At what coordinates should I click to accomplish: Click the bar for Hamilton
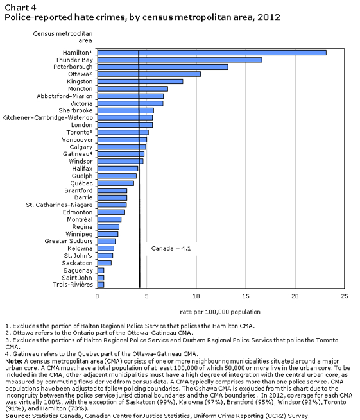tap(212, 53)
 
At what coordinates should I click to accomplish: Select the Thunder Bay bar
tap(180, 60)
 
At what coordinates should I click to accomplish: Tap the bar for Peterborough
tap(163, 67)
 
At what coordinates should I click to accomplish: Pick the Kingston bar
tap(140, 81)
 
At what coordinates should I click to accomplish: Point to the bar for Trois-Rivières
tap(101, 285)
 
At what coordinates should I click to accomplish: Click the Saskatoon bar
tap(105, 263)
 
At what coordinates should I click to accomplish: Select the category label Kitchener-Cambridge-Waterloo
tap(47, 118)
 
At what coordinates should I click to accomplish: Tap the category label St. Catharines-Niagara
tap(59, 205)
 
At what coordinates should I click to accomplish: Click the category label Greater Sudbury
tap(69, 241)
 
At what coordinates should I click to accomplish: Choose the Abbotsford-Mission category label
tap(65, 96)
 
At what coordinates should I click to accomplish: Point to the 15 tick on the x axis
tap(246, 296)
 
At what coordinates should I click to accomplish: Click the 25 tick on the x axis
tap(345, 296)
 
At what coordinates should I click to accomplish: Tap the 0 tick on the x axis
tap(97, 296)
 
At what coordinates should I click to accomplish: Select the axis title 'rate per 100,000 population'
tap(220, 312)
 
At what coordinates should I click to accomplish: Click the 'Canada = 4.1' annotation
tap(171, 249)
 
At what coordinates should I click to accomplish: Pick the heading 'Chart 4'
tap(21, 8)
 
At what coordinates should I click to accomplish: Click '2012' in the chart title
tap(269, 17)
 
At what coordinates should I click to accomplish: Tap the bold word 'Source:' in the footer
tap(18, 416)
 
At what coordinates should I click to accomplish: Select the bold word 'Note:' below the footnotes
tap(14, 362)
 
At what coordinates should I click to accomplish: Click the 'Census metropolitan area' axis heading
tap(63, 37)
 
